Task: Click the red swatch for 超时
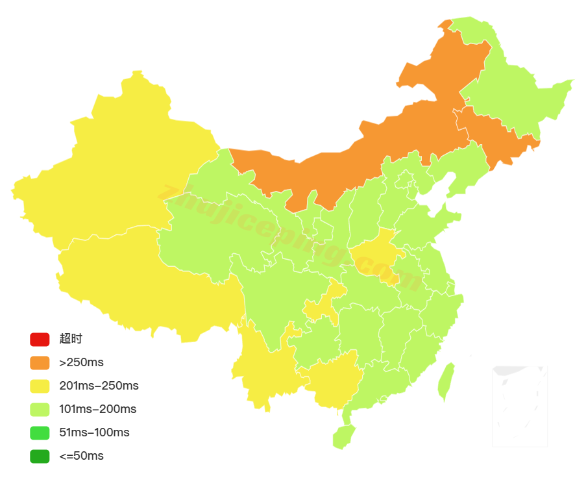point(39,339)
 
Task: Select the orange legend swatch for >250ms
point(39,362)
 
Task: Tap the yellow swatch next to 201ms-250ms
point(39,386)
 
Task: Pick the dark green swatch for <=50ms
point(39,456)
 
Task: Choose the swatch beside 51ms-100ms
point(39,432)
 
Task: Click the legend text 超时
point(71,339)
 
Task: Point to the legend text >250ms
point(81,362)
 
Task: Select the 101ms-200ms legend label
point(97,409)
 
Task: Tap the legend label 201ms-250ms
point(99,386)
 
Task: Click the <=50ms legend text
point(81,456)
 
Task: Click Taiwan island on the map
point(445,382)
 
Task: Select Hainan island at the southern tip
point(343,436)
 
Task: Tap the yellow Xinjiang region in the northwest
point(117,169)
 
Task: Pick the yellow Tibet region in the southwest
point(143,279)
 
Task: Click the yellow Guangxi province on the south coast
point(331,380)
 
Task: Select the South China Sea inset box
point(519,406)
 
